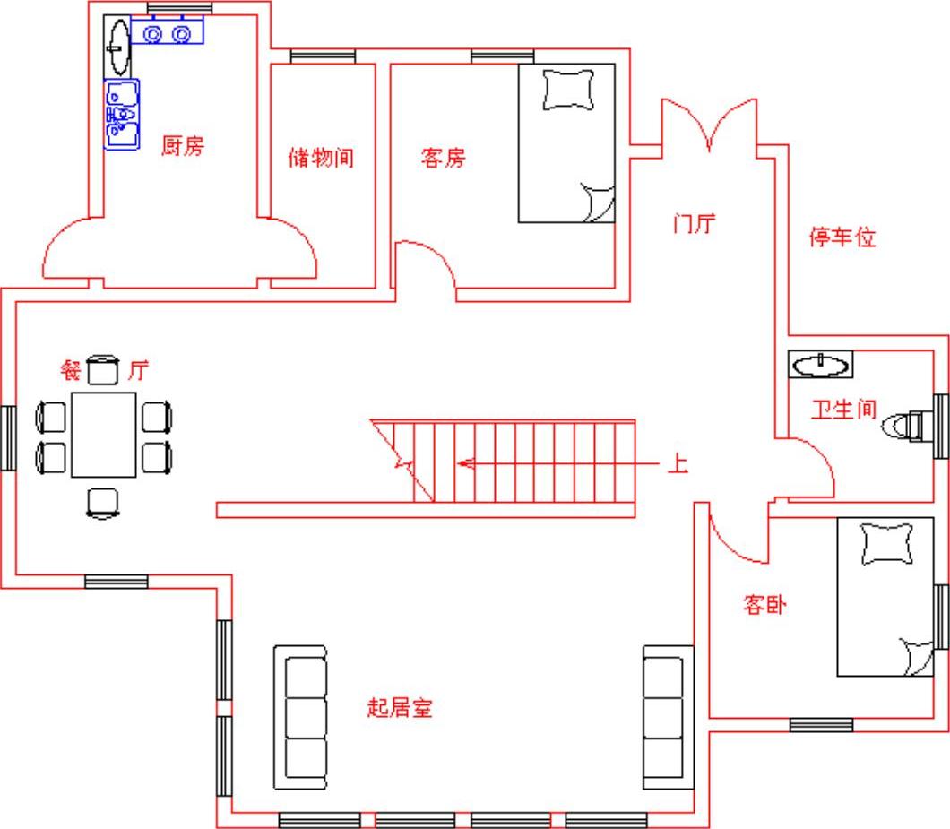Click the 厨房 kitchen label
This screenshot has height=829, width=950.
pos(182,146)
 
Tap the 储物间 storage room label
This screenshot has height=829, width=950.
pos(321,158)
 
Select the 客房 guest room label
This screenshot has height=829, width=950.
pos(444,158)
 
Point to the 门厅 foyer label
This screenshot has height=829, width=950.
pos(695,223)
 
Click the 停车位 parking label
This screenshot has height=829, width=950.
pos(842,237)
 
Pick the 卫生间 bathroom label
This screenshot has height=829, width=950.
pos(844,410)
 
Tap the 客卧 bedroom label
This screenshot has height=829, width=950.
pos(764,604)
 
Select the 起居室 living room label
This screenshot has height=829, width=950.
pos(400,707)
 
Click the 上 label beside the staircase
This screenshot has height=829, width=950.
pos(678,464)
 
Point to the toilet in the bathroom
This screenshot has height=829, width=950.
pos(902,426)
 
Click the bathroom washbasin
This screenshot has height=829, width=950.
pos(820,364)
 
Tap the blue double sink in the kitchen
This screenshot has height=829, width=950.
pos(122,114)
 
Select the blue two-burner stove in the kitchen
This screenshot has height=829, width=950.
pos(168,34)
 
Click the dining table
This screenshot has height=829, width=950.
pos(104,435)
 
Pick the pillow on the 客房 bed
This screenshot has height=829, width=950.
pos(568,90)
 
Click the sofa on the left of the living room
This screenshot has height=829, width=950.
pos(300,718)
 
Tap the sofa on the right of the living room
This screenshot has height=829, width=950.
pos(668,718)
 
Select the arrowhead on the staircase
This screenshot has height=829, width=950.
pos(465,464)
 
